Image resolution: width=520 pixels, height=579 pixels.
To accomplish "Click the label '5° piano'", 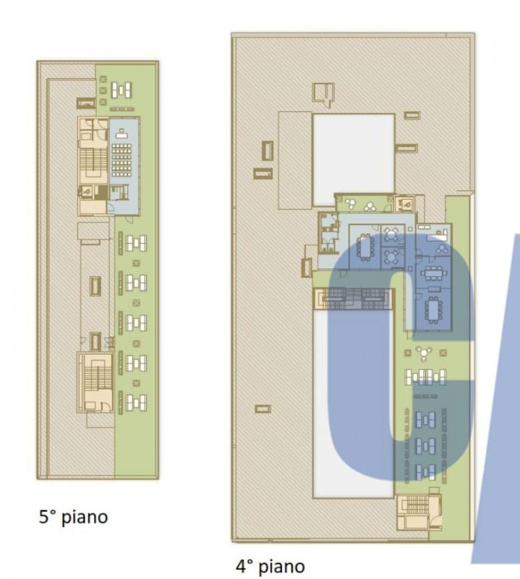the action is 74,517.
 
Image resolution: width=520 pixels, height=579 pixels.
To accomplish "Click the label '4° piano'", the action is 270,566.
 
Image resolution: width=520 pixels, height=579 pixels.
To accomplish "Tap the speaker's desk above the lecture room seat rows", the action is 121,133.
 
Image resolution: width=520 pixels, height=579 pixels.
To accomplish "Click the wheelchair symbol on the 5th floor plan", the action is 88,191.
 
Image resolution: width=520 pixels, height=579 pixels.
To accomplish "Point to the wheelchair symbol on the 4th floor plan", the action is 406,203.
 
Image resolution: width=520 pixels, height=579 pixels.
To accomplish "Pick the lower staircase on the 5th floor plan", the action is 98,377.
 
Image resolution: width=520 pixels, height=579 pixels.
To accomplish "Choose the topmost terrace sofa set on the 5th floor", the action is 122,90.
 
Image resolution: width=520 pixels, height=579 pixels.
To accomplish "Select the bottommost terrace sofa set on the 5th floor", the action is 136,402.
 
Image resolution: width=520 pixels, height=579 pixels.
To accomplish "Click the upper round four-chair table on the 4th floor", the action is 391,234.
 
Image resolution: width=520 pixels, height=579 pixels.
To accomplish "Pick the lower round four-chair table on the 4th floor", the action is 391,256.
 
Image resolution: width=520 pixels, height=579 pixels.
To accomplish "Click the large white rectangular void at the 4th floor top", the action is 354,160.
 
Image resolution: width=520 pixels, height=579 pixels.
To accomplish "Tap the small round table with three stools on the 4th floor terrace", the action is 424,353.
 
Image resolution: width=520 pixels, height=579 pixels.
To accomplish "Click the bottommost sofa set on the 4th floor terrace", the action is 425,472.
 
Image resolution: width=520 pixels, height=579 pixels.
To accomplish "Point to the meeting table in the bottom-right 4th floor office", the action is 432,310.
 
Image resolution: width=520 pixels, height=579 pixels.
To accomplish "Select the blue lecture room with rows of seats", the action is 124,166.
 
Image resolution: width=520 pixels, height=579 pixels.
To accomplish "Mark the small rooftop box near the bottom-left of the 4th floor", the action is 263,409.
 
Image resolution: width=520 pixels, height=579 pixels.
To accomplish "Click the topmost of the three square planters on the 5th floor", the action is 103,80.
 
